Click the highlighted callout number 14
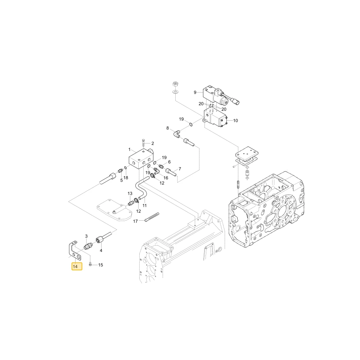(75, 266)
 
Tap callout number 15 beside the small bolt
(100, 265)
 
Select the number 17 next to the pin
(135, 221)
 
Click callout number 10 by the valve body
(235, 121)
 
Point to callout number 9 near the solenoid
(195, 92)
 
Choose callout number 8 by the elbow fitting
(168, 128)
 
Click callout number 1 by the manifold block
(130, 150)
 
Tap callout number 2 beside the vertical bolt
(153, 143)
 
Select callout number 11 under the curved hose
(144, 206)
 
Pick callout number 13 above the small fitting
(130, 194)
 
